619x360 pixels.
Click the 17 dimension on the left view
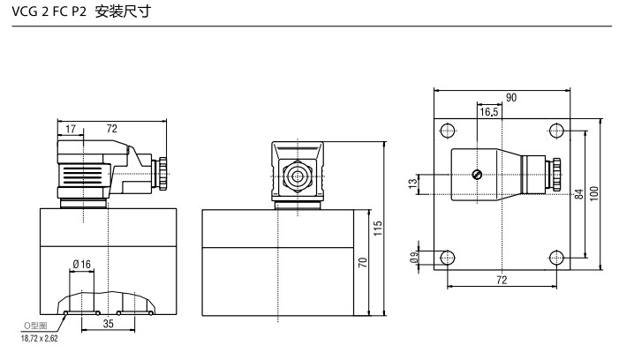70,129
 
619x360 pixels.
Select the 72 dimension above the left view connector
111,129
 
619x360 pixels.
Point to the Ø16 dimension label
82,264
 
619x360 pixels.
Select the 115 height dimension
377,228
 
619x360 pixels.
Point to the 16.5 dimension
489,112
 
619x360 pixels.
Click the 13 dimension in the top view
412,184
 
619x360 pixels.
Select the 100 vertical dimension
594,192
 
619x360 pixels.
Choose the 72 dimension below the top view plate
502,280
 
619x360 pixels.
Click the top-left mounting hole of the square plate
448,131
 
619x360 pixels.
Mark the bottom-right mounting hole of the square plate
555,258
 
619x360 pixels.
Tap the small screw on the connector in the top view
477,174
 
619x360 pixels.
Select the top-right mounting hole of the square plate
555,131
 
